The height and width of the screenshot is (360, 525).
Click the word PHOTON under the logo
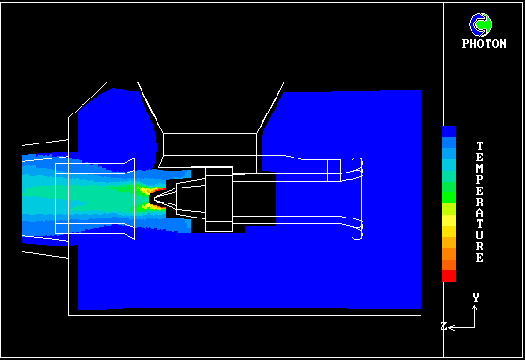[484, 44]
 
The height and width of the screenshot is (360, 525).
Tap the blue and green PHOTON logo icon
[480, 24]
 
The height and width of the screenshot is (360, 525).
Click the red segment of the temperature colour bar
[449, 276]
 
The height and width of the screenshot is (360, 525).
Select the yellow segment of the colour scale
[449, 220]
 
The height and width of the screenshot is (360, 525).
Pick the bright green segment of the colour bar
[449, 192]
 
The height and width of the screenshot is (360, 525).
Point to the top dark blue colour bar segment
[449, 131]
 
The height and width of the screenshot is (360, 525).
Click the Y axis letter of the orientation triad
[476, 298]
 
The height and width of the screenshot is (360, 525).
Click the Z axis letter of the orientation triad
[443, 326]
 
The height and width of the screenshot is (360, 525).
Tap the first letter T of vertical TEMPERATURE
[480, 146]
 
